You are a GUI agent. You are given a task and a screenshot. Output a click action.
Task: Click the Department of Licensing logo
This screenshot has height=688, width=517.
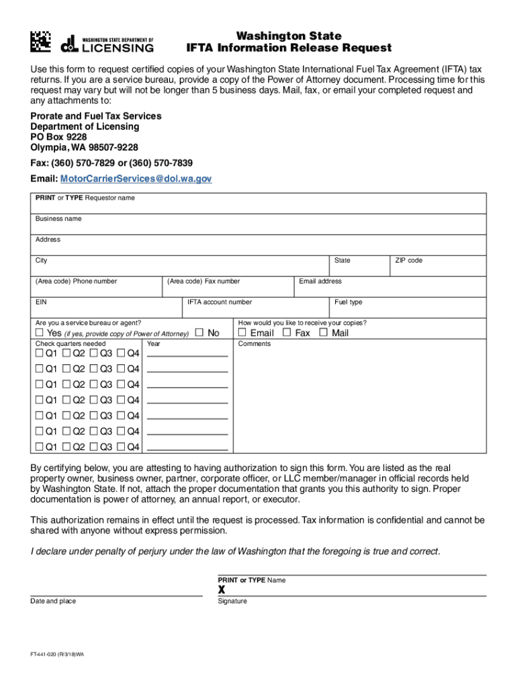point(107,44)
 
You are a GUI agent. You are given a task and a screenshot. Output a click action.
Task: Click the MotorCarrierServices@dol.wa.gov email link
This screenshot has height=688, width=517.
point(136,179)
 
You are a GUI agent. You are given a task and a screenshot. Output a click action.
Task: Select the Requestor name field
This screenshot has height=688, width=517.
point(258,204)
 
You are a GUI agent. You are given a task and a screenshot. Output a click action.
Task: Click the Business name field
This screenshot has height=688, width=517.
point(258,224)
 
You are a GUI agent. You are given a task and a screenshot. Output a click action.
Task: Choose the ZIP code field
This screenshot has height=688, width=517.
point(438,266)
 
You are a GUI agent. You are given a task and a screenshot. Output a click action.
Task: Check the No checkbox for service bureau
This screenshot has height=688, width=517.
point(199,333)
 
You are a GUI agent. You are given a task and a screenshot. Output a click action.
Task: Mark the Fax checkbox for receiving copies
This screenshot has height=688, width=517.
point(287,333)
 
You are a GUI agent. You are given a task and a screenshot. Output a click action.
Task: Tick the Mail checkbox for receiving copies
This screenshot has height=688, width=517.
point(323,333)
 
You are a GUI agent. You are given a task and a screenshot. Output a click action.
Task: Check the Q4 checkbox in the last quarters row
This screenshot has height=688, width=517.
point(121,447)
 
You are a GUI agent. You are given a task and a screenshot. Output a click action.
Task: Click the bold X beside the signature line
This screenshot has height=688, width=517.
point(222,589)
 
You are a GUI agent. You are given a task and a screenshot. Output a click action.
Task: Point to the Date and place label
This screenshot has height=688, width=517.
point(53,601)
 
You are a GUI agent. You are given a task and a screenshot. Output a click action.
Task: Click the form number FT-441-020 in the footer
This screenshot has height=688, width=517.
point(57,661)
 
